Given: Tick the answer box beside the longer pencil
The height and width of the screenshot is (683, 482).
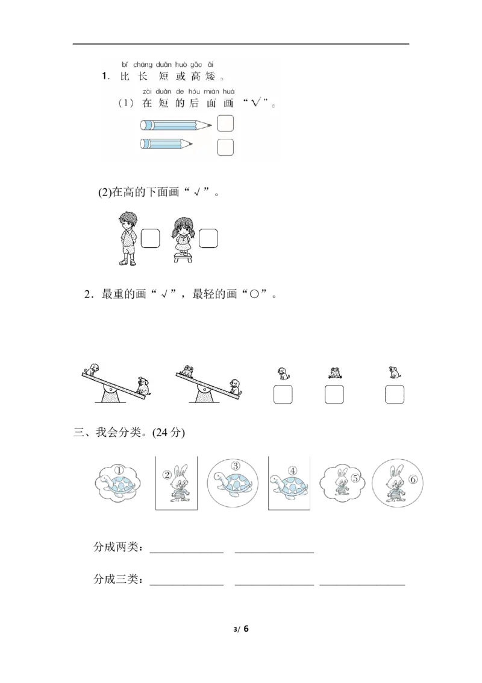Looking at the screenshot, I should tap(225, 124).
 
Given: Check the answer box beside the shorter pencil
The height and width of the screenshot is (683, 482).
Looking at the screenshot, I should tap(225, 147).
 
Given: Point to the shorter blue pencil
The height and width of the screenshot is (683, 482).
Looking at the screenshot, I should tap(165, 144).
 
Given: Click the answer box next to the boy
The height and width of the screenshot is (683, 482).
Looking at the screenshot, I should tap(150, 240).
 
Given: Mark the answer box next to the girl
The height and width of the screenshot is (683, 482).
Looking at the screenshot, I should tap(208, 240).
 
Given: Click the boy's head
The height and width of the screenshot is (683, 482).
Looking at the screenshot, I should tap(128, 218).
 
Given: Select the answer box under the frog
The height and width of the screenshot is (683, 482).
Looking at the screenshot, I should tap(334, 395).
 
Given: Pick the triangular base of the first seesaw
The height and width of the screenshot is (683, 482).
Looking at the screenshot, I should tap(110, 396).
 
